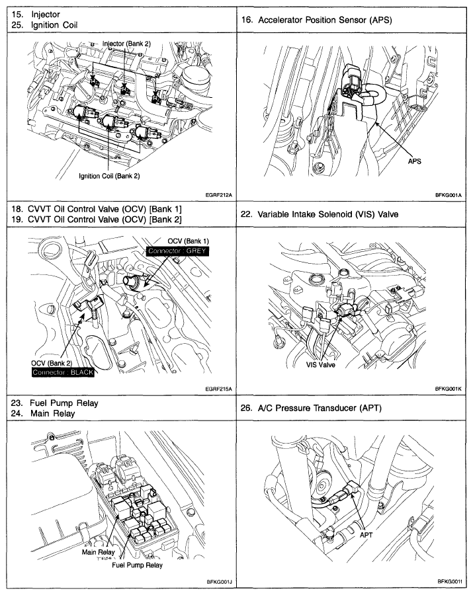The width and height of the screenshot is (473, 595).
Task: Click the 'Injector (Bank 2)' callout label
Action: [126, 43]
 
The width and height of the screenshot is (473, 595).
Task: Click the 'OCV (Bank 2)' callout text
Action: [54, 363]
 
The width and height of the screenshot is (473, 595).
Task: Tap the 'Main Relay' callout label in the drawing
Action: [97, 551]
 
